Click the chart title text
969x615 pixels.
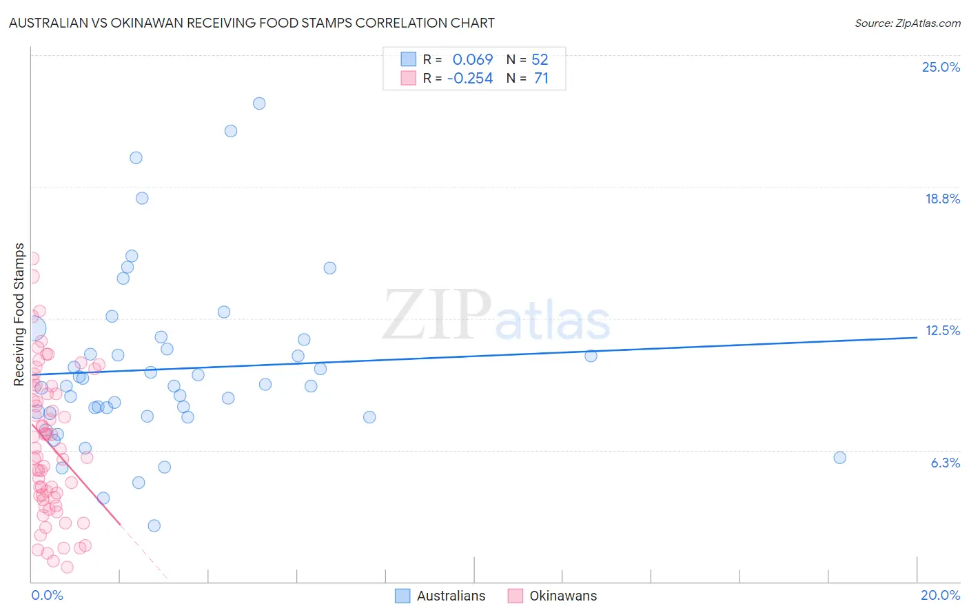coord(252,23)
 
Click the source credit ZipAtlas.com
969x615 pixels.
coord(907,23)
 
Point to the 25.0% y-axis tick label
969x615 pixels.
coord(941,67)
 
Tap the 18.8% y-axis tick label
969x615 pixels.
coord(942,199)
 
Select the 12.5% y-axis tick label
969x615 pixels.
coord(942,330)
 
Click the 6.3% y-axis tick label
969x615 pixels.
coord(945,463)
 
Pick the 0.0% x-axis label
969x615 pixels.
coord(47,595)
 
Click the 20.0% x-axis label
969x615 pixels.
coord(940,595)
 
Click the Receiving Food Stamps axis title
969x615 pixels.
coord(19,314)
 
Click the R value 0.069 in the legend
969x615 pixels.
coord(473,60)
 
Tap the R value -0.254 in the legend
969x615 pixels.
coord(470,79)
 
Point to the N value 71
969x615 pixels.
coord(541,79)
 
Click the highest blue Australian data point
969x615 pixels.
coord(259,103)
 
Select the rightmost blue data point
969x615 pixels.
coord(839,458)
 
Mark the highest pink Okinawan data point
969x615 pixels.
coord(32,259)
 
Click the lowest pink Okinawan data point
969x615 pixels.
coord(67,567)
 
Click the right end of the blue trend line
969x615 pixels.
coord(917,337)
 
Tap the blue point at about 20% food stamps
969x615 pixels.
coord(136,158)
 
